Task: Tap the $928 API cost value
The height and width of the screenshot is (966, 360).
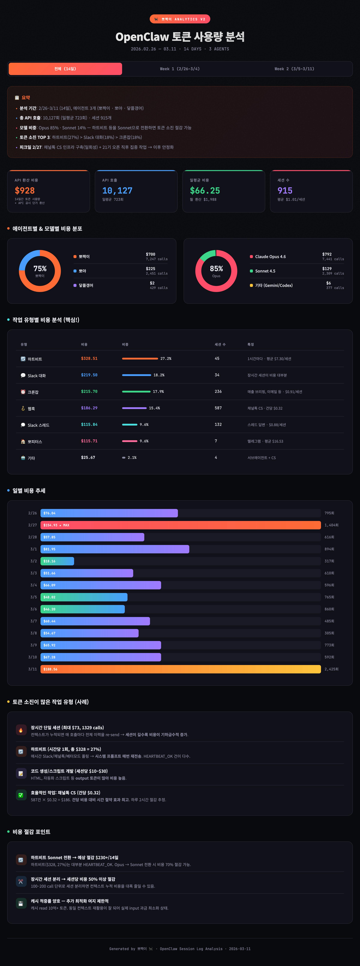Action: point(25,191)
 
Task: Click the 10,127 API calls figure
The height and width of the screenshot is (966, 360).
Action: point(117,191)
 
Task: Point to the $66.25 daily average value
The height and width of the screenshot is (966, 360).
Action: point(205,191)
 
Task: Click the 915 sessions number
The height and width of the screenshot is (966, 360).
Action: point(285,191)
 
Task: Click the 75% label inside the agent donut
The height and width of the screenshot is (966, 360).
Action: point(40,268)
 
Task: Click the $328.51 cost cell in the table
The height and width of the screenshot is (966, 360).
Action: point(89,358)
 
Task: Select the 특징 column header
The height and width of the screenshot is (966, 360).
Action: point(250,344)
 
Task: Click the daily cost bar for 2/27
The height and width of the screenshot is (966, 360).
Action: point(180,525)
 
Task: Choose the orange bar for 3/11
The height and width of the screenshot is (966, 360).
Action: point(180,669)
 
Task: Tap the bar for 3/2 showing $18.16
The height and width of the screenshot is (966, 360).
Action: point(57,561)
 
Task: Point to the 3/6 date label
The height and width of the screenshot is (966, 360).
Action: point(33,609)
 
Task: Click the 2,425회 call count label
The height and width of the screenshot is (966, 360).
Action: point(331,669)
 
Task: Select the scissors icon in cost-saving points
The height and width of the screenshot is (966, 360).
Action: point(21,882)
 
